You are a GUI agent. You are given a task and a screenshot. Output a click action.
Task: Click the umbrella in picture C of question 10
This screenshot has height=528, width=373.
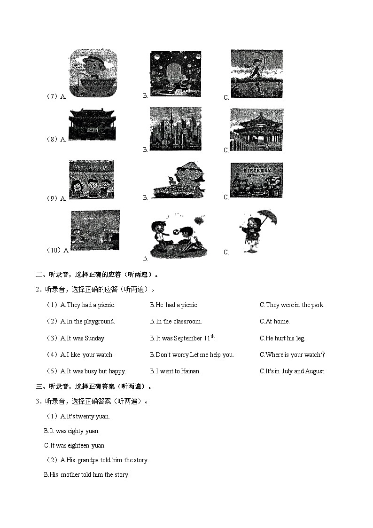pyautogui.click(x=268, y=217)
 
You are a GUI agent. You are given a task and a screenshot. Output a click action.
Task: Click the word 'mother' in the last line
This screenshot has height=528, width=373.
pyautogui.click(x=70, y=475)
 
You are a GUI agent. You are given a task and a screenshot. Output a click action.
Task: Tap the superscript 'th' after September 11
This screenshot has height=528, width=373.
pyautogui.click(x=212, y=336)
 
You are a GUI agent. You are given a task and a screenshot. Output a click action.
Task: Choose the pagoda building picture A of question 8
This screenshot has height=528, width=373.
pyautogui.click(x=92, y=125)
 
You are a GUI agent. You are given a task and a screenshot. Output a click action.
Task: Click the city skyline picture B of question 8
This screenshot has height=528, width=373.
pyautogui.click(x=175, y=129)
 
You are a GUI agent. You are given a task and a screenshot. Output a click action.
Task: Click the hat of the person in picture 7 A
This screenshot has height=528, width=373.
pyautogui.click(x=93, y=61)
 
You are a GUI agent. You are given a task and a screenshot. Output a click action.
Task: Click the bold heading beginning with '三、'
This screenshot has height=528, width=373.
pyautogui.click(x=94, y=387)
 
